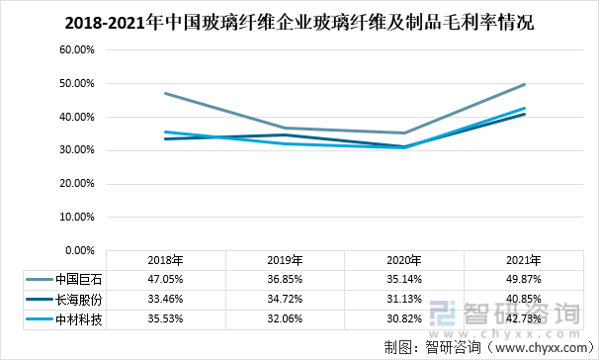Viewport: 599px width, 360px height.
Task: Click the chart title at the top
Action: (299, 22)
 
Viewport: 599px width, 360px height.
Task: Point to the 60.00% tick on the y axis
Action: (77, 49)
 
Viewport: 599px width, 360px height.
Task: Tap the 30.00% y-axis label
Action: (77, 151)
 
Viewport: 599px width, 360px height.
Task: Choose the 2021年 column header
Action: (524, 260)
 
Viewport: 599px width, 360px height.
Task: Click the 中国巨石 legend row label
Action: (80, 279)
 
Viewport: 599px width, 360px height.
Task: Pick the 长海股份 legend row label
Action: (80, 299)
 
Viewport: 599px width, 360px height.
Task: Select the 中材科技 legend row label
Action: (80, 318)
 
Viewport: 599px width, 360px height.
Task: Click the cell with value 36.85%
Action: (285, 279)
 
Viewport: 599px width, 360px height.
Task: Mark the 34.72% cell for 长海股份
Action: (285, 299)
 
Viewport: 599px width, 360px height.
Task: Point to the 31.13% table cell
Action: (404, 299)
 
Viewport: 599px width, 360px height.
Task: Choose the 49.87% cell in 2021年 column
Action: (524, 279)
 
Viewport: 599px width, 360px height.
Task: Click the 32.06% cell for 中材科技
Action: (285, 318)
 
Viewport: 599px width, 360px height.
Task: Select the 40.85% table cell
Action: (524, 299)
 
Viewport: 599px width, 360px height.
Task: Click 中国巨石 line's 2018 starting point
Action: (165, 93)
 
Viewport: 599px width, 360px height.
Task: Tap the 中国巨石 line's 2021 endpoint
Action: (524, 84)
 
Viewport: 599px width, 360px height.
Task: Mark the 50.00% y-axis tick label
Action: (77, 83)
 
